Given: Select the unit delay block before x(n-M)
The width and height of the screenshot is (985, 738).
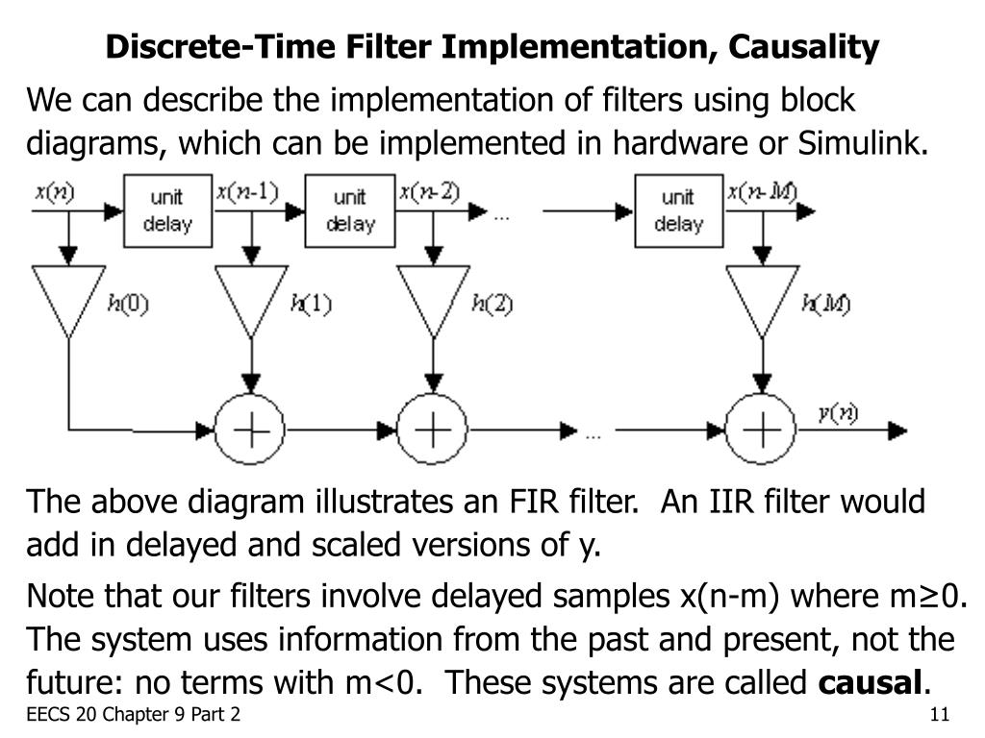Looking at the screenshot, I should (x=678, y=210).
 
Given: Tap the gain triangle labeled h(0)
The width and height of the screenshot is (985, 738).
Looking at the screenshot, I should (x=68, y=298).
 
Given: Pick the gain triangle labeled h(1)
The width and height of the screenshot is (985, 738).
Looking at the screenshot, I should (x=251, y=298).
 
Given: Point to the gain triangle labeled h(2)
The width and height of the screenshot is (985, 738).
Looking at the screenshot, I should (x=433, y=298).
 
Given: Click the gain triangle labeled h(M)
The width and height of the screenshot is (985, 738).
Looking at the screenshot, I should (x=762, y=298).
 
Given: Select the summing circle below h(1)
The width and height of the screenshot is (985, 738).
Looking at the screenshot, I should (x=251, y=430).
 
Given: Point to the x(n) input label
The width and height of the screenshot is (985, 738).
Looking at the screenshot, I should (x=55, y=191).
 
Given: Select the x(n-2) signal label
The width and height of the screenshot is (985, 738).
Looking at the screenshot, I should (x=429, y=191).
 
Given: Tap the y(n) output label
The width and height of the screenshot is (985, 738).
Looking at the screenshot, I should (x=837, y=413).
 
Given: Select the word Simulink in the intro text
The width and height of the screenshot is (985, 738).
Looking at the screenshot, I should (x=864, y=143).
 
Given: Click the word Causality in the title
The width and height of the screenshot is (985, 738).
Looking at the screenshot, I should (x=796, y=46).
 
